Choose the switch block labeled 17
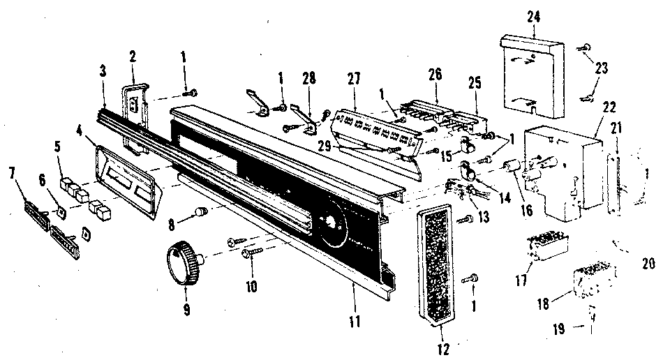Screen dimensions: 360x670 click(x=549, y=248)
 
